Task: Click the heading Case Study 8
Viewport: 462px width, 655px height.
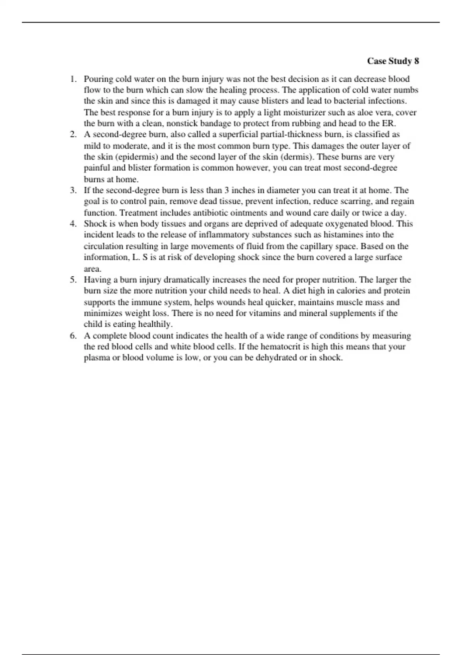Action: pyautogui.click(x=393, y=61)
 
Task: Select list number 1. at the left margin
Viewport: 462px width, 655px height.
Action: pyautogui.click(x=73, y=79)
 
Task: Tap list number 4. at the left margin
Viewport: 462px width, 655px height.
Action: pyautogui.click(x=73, y=224)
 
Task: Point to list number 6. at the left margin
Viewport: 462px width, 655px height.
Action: pyautogui.click(x=73, y=336)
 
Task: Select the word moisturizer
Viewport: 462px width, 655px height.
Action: pyautogui.click(x=304, y=113)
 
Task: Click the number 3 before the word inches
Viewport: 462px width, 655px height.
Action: pyautogui.click(x=228, y=190)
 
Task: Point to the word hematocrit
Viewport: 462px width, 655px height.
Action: pyautogui.click(x=285, y=347)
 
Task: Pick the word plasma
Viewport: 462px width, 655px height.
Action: pyautogui.click(x=97, y=358)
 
